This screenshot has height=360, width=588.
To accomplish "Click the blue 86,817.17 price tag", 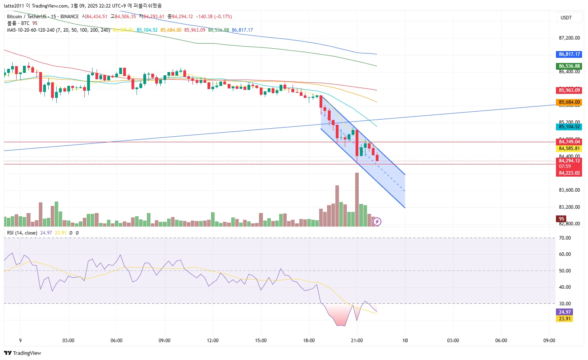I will pyautogui.click(x=569, y=54).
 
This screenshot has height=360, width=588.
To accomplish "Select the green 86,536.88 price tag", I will pyautogui.click(x=569, y=66).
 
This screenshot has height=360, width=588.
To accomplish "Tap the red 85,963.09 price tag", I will pyautogui.click(x=569, y=90).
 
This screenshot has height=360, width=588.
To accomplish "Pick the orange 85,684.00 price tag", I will pyautogui.click(x=569, y=102).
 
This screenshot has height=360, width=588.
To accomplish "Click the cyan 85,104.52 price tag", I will pyautogui.click(x=569, y=127).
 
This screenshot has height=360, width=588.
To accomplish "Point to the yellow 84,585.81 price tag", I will pyautogui.click(x=569, y=149).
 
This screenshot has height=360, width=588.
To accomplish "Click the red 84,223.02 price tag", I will pyautogui.click(x=569, y=173).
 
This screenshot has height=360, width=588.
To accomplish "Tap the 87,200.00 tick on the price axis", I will pyautogui.click(x=569, y=38).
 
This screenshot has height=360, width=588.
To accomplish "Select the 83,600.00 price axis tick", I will pyautogui.click(x=569, y=190).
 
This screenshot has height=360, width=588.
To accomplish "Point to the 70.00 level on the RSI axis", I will pyautogui.click(x=565, y=238).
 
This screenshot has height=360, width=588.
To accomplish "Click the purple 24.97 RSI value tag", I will pyautogui.click(x=565, y=312).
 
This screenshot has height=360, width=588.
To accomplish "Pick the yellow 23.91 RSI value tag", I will pyautogui.click(x=565, y=319).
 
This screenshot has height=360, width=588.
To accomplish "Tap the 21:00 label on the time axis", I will pyautogui.click(x=357, y=341).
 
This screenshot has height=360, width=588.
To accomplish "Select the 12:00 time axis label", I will pyautogui.click(x=213, y=341).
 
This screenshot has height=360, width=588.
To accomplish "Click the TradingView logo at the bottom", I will pyautogui.click(x=23, y=353).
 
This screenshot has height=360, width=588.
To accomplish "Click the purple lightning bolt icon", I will pyautogui.click(x=377, y=221).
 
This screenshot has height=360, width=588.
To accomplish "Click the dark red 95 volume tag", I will pyautogui.click(x=561, y=219).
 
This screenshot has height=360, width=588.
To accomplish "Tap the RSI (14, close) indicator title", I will pyautogui.click(x=22, y=233).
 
